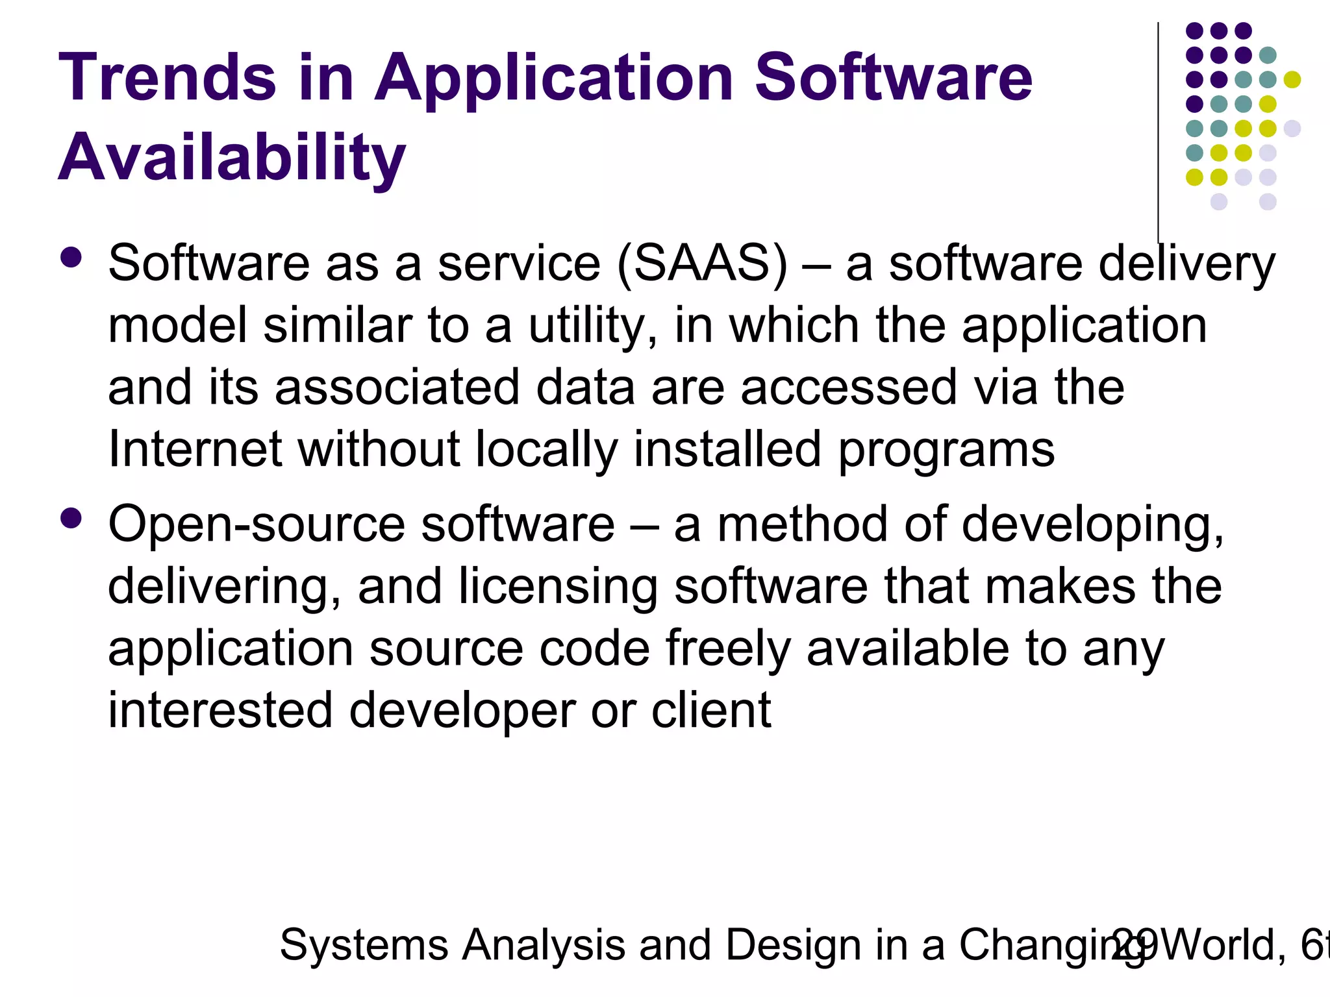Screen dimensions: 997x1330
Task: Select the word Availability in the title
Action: [232, 158]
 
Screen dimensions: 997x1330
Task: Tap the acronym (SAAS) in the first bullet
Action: [702, 264]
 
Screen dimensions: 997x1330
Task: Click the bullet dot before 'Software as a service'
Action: [71, 257]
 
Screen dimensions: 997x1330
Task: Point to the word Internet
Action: [195, 449]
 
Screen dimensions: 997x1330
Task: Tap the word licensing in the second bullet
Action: [558, 587]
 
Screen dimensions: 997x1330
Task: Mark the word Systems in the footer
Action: [364, 945]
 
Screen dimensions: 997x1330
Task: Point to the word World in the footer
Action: [1221, 945]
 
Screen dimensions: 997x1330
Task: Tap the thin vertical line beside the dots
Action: [1158, 130]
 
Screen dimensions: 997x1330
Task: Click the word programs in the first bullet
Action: [946, 449]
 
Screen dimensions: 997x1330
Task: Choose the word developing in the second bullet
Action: [1092, 524]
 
